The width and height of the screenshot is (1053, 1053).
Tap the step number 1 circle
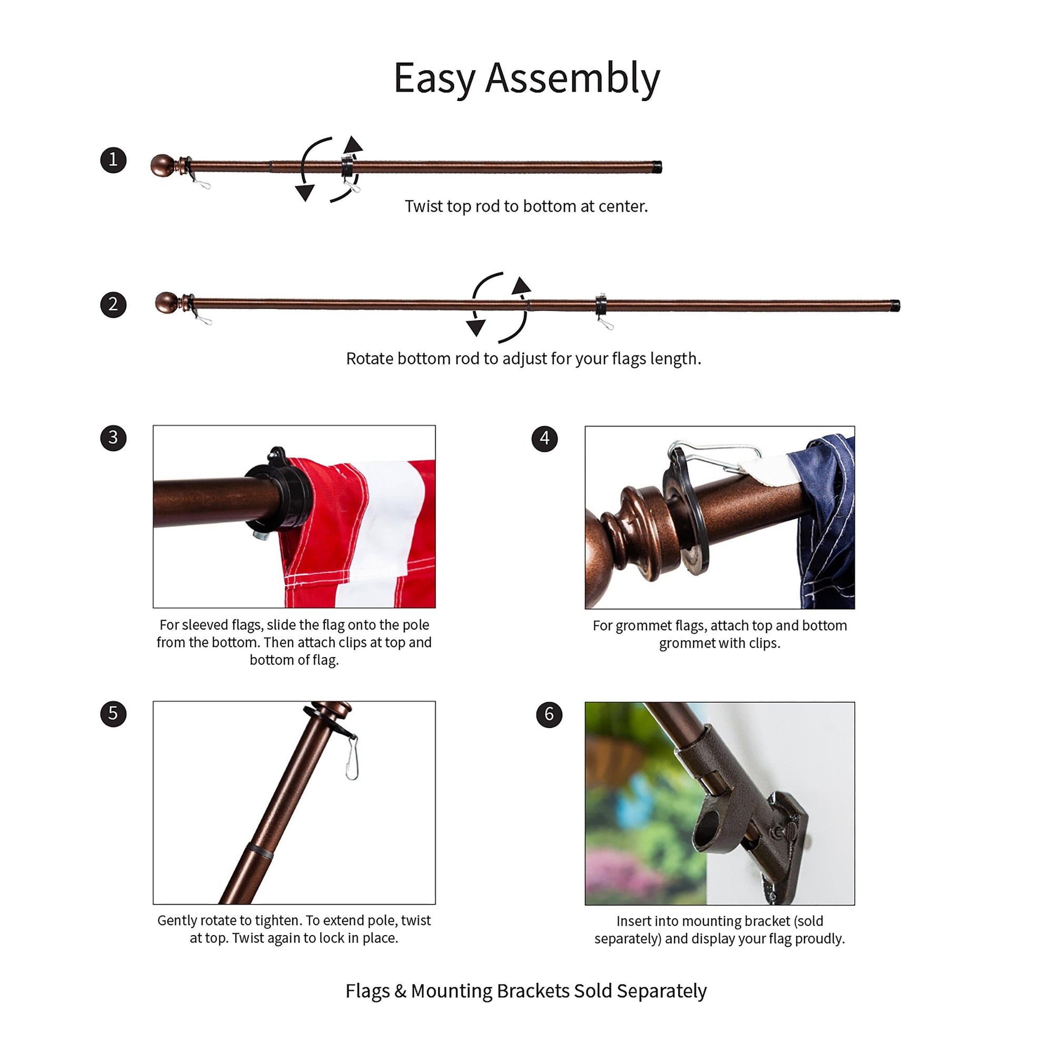pos(113,160)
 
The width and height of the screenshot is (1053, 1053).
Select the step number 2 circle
pos(113,304)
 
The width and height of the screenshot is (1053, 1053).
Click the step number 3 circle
pos(113,438)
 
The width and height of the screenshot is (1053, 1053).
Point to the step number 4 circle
pos(544,439)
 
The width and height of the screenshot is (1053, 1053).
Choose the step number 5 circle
pos(113,713)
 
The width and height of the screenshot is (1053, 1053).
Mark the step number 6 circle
pos(549,714)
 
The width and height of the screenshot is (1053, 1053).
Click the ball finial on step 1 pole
pos(162,165)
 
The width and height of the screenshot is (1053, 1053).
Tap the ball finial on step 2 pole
pos(166,303)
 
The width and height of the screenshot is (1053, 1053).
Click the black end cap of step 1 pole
pos(657,167)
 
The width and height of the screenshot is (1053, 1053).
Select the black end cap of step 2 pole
pos(895,305)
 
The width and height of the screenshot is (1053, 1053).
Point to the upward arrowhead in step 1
pos(353,144)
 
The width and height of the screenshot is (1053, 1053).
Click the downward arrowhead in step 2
pos(476,327)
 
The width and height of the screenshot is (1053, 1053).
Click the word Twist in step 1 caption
pos(423,206)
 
